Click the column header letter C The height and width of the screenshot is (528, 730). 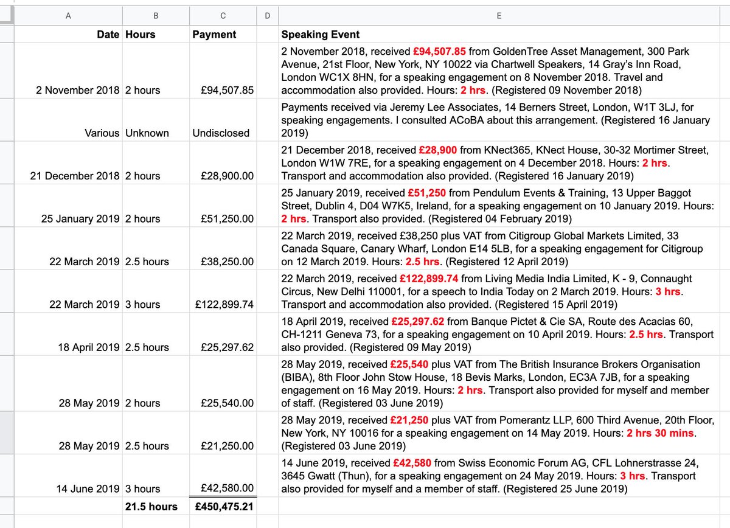pos(222,15)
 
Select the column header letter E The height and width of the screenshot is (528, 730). pos(499,15)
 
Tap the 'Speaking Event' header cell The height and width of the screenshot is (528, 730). pos(320,35)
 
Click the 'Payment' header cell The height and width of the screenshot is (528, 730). pos(214,35)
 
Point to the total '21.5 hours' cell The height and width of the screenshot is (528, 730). pos(151,507)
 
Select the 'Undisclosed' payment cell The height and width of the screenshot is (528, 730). pos(221,133)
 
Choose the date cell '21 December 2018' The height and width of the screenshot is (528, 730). pos(75,176)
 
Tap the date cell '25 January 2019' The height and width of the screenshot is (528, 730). pos(80,218)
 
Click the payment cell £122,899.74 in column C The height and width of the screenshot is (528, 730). pos(225,304)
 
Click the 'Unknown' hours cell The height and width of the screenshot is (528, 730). pos(147,133)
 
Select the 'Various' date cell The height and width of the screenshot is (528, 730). pos(102,133)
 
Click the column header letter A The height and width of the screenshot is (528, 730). pos(68,15)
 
